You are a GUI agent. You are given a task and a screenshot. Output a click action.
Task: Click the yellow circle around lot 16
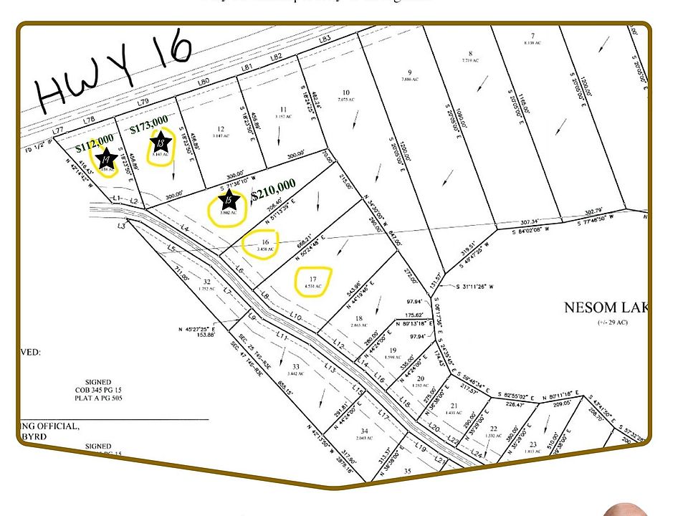(265, 244)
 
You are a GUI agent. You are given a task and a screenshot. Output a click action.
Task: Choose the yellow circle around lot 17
(312, 281)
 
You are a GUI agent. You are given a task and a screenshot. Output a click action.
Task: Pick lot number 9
(409, 72)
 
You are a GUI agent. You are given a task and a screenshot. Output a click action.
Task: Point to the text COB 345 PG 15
(97, 390)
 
